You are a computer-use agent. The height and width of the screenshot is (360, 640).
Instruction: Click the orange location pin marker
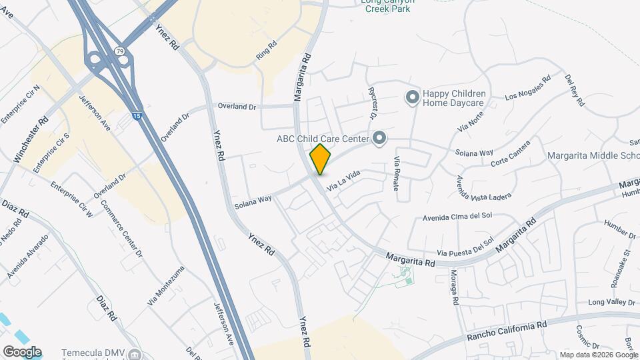pyautogui.click(x=321, y=159)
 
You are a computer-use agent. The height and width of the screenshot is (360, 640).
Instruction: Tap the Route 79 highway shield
pyautogui.click(x=119, y=51)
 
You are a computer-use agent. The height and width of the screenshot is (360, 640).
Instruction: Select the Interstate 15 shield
pyautogui.click(x=136, y=116)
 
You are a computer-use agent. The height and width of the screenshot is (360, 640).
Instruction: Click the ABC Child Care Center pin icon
pyautogui.click(x=379, y=139)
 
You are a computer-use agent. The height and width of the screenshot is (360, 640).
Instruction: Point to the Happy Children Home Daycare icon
pyautogui.click(x=412, y=97)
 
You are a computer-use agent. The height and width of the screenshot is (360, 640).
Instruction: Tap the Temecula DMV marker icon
pyautogui.click(x=135, y=353)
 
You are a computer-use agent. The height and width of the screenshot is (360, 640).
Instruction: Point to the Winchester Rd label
pyautogui.click(x=31, y=140)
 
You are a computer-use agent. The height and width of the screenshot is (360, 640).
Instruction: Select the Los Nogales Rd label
pyautogui.click(x=528, y=87)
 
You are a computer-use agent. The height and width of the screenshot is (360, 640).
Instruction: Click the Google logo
pyautogui.click(x=22, y=351)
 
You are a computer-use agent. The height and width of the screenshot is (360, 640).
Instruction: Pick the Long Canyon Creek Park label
pyautogui.click(x=388, y=6)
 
